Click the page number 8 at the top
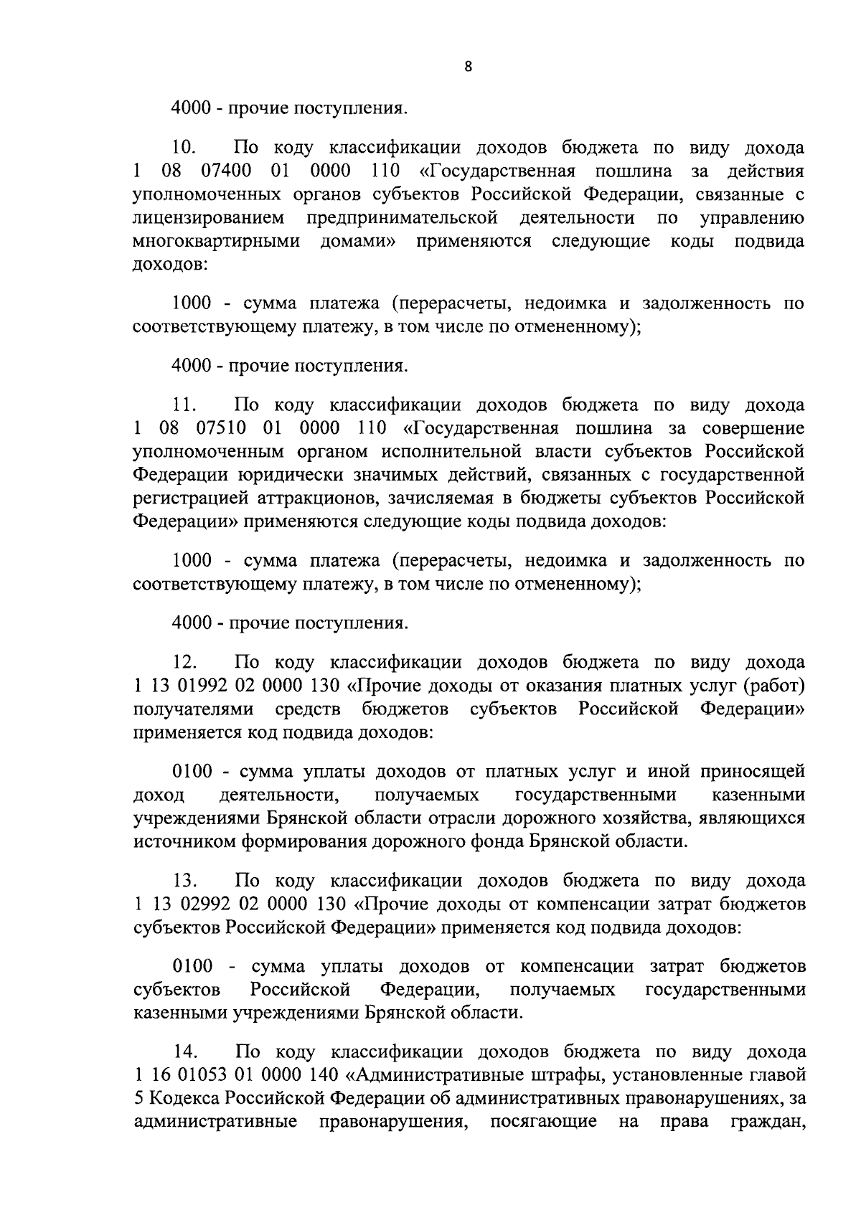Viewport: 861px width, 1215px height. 468,67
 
